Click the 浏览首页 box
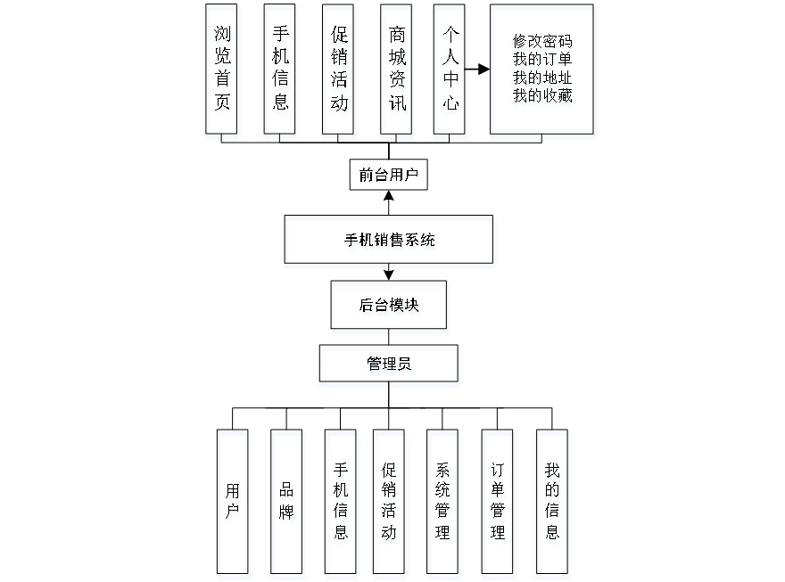[x=222, y=72]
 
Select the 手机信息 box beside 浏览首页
[x=280, y=72]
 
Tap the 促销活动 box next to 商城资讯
[x=338, y=72]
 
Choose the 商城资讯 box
[x=397, y=72]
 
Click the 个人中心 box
[x=450, y=72]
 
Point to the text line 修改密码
[x=542, y=43]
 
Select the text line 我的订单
[x=542, y=61]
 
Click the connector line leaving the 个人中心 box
[x=479, y=68]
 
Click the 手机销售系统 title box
[x=389, y=242]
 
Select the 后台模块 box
[x=390, y=308]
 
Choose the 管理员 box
[x=390, y=366]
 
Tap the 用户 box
[x=233, y=504]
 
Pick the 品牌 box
[x=287, y=504]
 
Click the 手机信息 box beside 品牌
[x=341, y=504]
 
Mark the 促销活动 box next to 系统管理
[x=390, y=504]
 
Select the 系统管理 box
[x=444, y=504]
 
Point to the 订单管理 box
[x=498, y=504]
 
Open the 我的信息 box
[x=552, y=504]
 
